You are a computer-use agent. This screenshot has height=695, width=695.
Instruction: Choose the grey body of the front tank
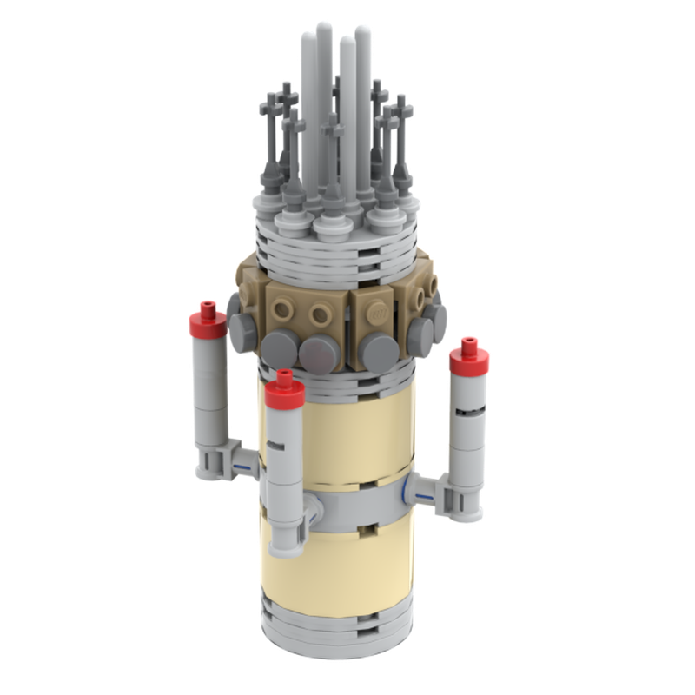[x=284, y=469]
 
